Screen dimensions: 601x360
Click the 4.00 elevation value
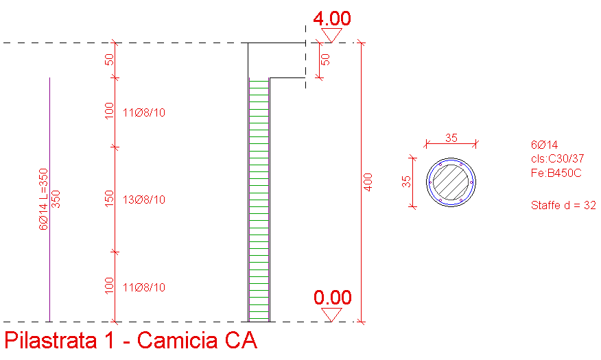pyautogui.click(x=332, y=19)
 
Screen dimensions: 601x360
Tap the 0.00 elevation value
pyautogui.click(x=332, y=298)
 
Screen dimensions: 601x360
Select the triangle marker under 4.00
pyautogui.click(x=331, y=35)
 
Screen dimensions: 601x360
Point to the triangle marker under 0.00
pyautogui.click(x=331, y=315)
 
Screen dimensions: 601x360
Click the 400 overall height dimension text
pyautogui.click(x=368, y=182)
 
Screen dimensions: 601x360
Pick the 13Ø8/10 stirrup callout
pyautogui.click(x=144, y=200)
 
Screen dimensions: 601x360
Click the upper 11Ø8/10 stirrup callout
pyautogui.click(x=144, y=112)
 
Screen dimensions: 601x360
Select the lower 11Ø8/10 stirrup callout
pyautogui.click(x=144, y=287)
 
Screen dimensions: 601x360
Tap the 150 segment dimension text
pyautogui.click(x=109, y=198)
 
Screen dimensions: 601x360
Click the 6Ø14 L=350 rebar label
pyautogui.click(x=44, y=199)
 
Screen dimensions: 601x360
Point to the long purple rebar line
pyautogui.click(x=50, y=200)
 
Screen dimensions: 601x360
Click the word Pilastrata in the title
pyautogui.click(x=50, y=339)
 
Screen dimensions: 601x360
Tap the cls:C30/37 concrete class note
pyautogui.click(x=557, y=158)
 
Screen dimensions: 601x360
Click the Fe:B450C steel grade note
pyautogui.click(x=556, y=173)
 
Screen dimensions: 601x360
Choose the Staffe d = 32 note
pyautogui.click(x=563, y=205)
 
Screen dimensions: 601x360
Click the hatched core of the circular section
pyautogui.click(x=451, y=182)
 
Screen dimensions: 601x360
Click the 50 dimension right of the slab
pyautogui.click(x=325, y=60)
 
